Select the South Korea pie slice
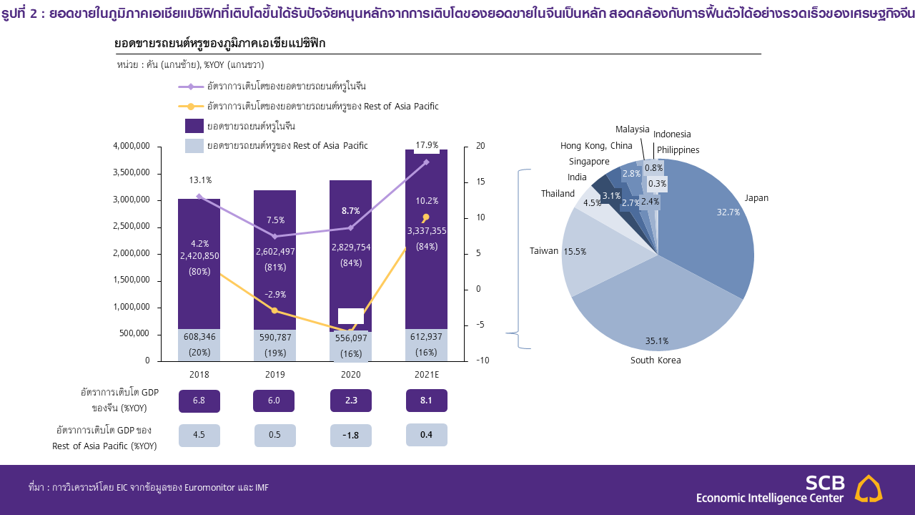[x=658, y=308]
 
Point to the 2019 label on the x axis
[x=274, y=375]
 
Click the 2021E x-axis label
[x=426, y=375]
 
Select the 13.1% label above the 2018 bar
[x=200, y=180]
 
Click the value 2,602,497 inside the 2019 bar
[x=274, y=251]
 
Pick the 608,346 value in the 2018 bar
[x=199, y=337]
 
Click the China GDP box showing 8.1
[x=426, y=401]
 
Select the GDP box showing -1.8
[x=350, y=436]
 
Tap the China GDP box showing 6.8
[x=199, y=401]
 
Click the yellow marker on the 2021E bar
[x=426, y=217]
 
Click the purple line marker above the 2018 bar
[x=199, y=196]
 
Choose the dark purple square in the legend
[x=194, y=126]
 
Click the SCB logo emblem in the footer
[x=869, y=489]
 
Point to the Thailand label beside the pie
[x=558, y=194]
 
